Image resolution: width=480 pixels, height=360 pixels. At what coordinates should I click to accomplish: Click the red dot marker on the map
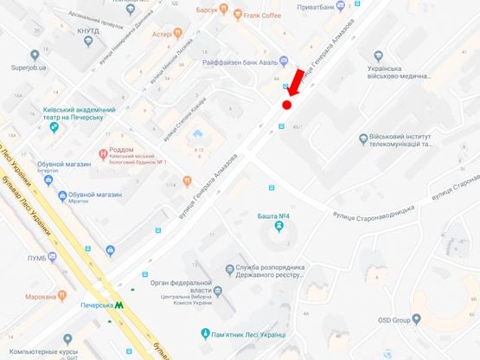coord(286,105)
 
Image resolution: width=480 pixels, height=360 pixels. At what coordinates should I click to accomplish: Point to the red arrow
coord(294,82)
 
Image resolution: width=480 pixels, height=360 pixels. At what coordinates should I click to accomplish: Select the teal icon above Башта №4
coord(278,227)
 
